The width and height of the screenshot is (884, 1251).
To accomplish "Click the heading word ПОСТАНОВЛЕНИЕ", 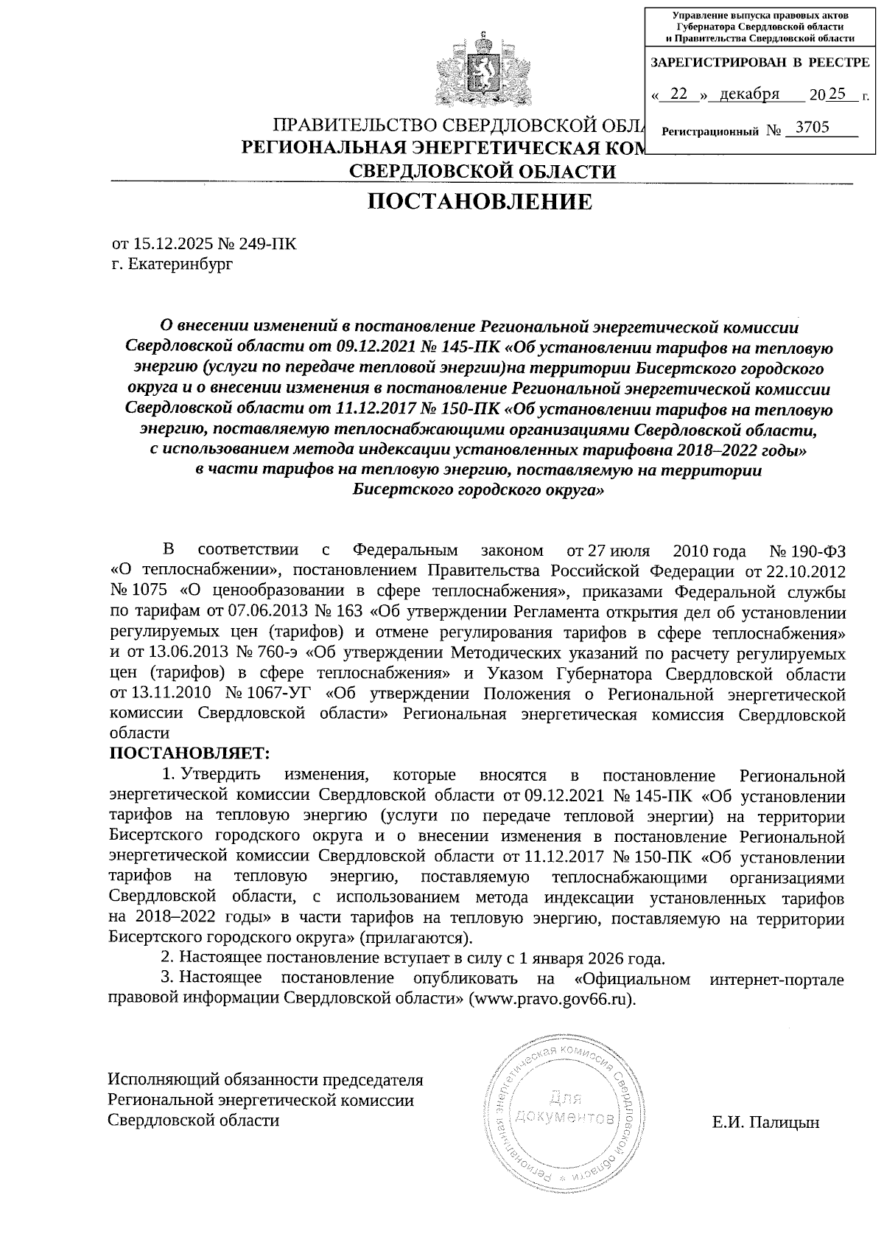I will tap(480, 201).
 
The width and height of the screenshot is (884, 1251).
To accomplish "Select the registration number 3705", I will tap(807, 128).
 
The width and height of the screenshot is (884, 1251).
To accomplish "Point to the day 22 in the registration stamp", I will tap(679, 94).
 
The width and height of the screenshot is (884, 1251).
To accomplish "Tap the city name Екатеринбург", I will tap(180, 263).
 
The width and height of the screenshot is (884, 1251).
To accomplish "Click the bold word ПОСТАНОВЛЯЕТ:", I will tap(189, 753).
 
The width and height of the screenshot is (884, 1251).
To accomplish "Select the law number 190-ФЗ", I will tap(815, 551).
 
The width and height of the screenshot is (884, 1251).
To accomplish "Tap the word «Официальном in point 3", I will tap(632, 980).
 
